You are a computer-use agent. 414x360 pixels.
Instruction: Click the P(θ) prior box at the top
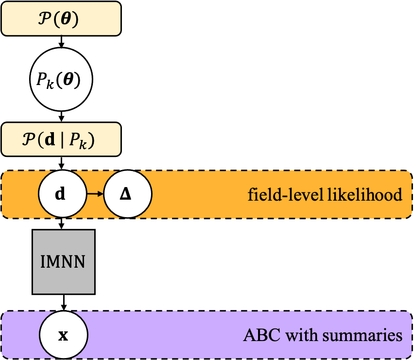click(x=61, y=18)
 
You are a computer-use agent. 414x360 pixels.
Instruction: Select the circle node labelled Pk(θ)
click(x=61, y=79)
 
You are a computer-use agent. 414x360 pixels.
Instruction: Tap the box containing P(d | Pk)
click(x=61, y=139)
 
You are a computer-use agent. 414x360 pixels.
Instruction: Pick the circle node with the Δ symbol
click(x=128, y=194)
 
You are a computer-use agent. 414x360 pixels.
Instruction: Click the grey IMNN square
click(x=63, y=262)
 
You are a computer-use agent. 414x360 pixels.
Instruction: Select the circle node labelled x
click(x=63, y=335)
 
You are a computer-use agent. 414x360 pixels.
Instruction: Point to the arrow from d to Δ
click(x=95, y=194)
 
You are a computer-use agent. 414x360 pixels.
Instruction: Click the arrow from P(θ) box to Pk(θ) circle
click(x=61, y=42)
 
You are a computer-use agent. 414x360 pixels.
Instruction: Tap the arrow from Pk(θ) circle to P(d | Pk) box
click(x=61, y=117)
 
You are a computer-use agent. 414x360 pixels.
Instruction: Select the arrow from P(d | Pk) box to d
click(x=61, y=163)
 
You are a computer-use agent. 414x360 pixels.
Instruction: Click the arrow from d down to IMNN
click(x=62, y=223)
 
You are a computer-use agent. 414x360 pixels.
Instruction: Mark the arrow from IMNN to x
click(x=64, y=303)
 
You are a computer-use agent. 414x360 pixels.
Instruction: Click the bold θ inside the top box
click(x=66, y=19)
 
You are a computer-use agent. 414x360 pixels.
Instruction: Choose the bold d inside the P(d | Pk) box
click(x=50, y=139)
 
